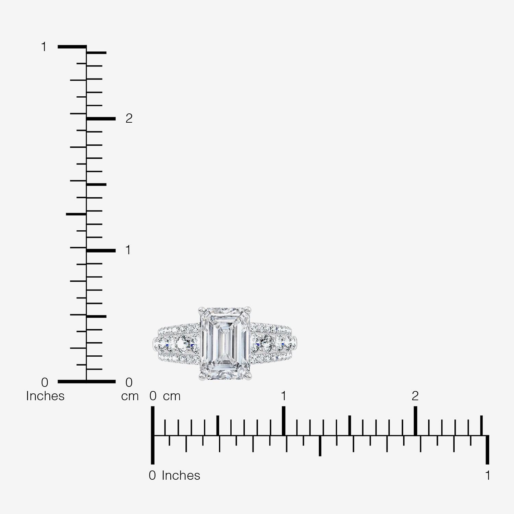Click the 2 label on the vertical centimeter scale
(x=129, y=118)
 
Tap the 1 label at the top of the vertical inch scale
(x=44, y=47)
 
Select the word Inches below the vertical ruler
(x=45, y=396)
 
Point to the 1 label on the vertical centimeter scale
(x=128, y=250)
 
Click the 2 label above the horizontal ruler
(x=415, y=396)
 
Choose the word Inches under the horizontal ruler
(x=181, y=476)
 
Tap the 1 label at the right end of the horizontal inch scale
(x=488, y=476)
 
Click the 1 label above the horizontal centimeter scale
(x=283, y=396)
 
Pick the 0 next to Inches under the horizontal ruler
(x=152, y=476)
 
